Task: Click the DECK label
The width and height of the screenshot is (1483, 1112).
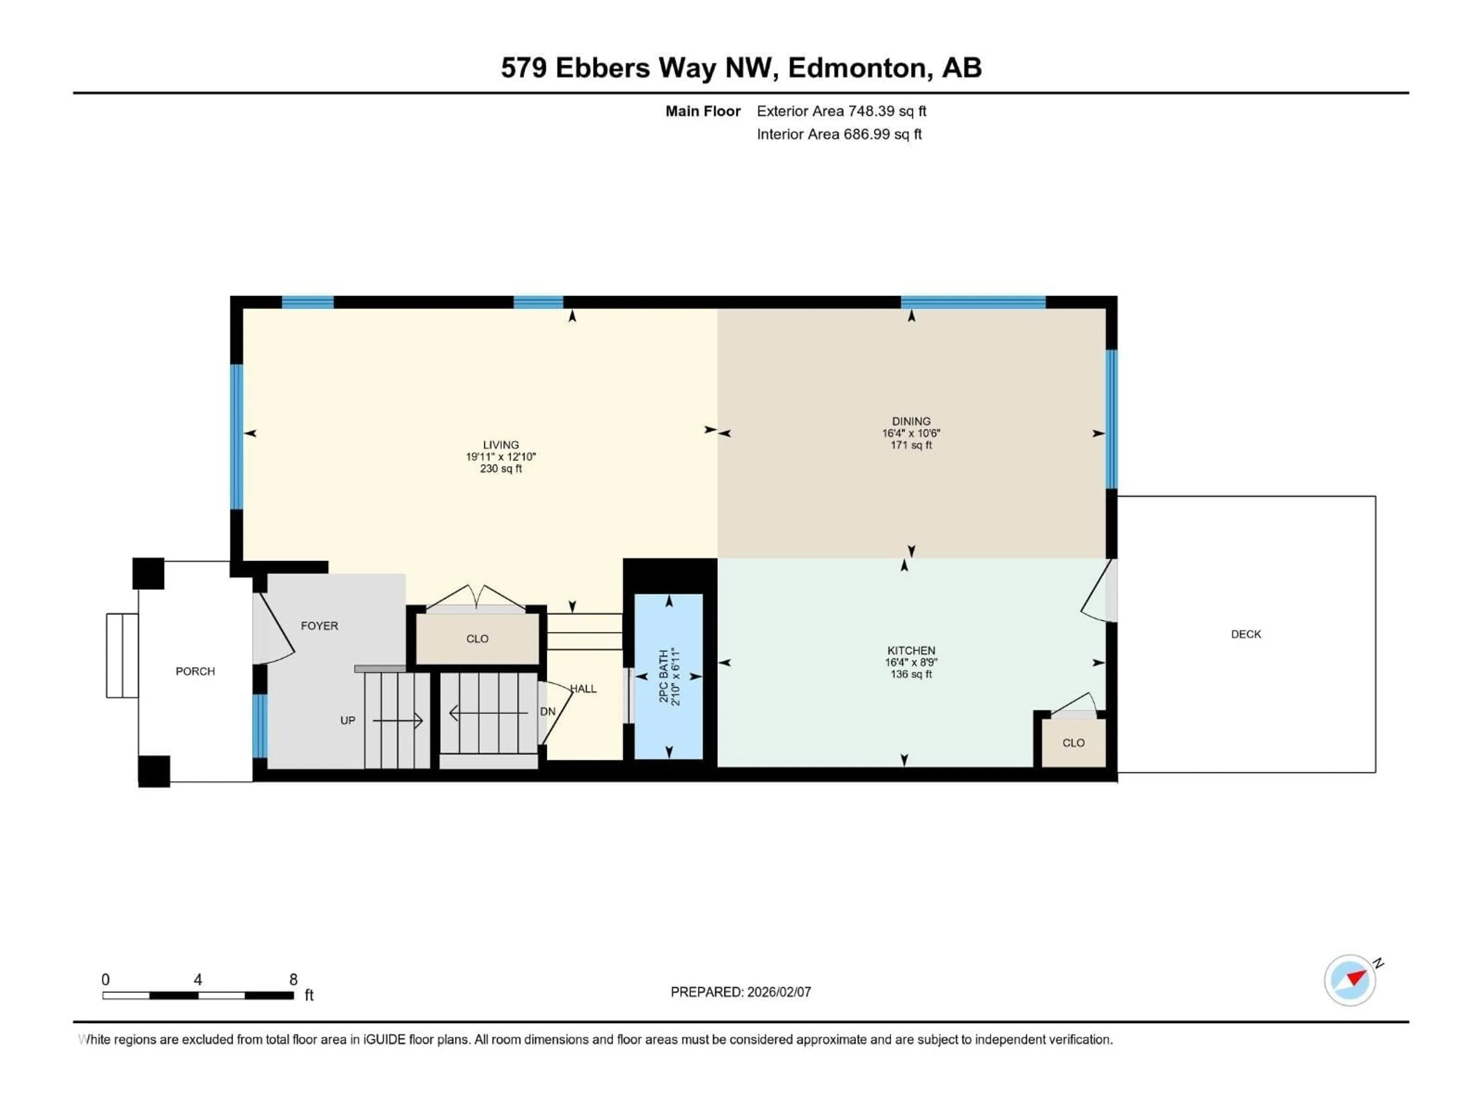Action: (x=1245, y=634)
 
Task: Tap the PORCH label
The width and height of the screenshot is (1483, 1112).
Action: (x=195, y=671)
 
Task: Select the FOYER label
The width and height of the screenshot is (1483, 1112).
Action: (x=319, y=625)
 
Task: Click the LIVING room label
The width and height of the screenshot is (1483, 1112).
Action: (x=501, y=444)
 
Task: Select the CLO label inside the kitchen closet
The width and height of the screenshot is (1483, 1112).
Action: (x=1073, y=742)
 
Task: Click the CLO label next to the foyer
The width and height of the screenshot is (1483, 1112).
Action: (x=477, y=639)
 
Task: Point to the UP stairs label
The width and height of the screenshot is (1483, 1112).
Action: (x=347, y=720)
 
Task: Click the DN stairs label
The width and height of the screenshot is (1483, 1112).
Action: (x=548, y=711)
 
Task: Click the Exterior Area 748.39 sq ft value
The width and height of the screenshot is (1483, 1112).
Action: (x=886, y=111)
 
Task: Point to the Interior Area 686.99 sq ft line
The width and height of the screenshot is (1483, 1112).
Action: (x=839, y=134)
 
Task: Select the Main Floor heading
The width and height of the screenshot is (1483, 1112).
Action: (x=702, y=111)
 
